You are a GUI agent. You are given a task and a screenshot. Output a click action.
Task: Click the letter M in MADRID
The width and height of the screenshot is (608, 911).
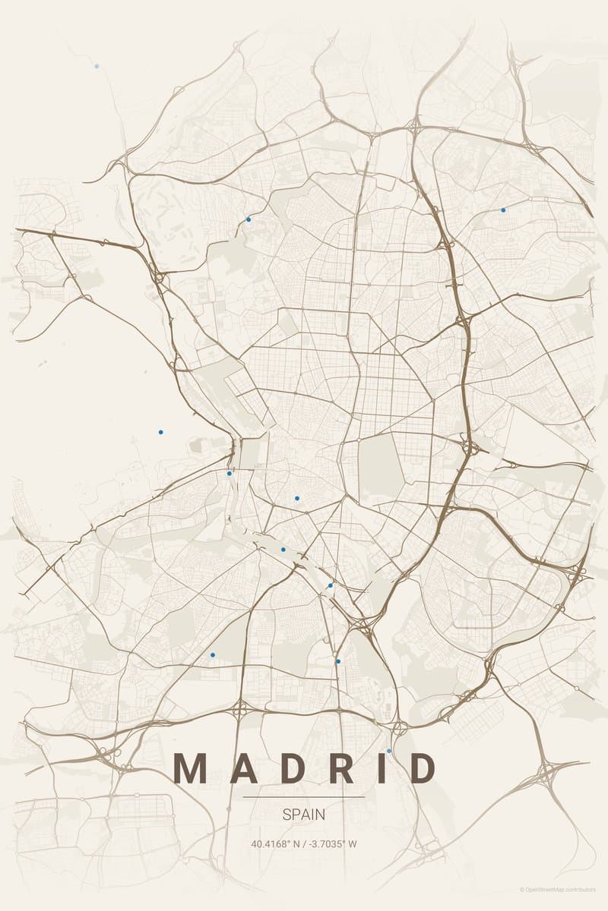pyautogui.click(x=190, y=768)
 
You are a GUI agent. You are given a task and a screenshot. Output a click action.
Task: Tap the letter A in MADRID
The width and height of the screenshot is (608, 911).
pyautogui.click(x=242, y=768)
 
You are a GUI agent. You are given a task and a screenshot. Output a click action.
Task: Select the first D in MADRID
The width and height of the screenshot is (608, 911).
pyautogui.click(x=292, y=768)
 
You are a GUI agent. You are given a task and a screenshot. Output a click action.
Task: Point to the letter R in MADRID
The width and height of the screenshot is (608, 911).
pyautogui.click(x=341, y=768)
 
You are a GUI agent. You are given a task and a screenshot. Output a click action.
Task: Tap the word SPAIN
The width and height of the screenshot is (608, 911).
pyautogui.click(x=303, y=815)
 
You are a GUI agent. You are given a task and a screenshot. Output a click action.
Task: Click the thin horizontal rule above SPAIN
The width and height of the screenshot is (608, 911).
pyautogui.click(x=303, y=797)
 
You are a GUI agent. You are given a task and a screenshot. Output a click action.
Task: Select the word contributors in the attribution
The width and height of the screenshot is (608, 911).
pyautogui.click(x=587, y=890)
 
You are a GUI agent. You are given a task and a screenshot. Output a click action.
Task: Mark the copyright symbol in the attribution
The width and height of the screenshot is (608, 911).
pyautogui.click(x=522, y=890)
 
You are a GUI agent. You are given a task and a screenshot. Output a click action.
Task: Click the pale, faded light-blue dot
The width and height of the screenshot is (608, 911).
pyautogui.click(x=97, y=66)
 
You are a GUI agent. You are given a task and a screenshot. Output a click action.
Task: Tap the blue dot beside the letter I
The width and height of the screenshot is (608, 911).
pyautogui.click(x=389, y=751)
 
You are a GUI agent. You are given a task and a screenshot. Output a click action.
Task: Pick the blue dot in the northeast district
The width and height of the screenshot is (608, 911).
pyautogui.click(x=503, y=210)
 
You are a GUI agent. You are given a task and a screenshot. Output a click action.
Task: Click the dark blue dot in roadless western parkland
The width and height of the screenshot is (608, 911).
pyautogui.click(x=160, y=432)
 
